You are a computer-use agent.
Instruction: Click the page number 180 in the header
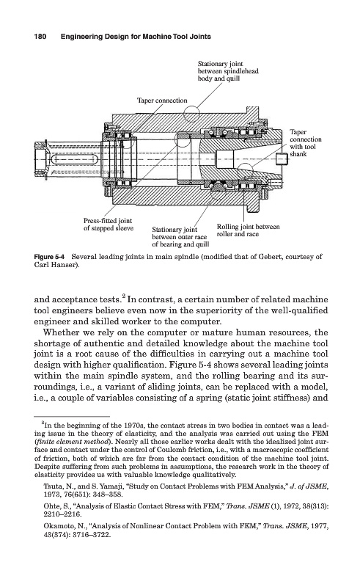coord(40,37)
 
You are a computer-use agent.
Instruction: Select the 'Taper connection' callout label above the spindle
coord(162,101)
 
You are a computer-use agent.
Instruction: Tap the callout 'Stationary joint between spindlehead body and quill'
coord(228,71)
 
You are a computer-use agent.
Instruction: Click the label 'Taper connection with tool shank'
coord(305,143)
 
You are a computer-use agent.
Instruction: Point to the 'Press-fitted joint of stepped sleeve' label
coord(109,225)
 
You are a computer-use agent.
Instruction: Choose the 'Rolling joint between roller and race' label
coord(248,230)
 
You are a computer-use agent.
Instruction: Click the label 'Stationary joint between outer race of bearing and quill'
coord(180,237)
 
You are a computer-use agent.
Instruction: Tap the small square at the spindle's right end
coord(282,159)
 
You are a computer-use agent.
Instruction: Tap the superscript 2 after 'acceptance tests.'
coord(123,297)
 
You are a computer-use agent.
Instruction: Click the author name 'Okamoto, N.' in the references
coord(63,526)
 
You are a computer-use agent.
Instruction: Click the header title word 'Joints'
coord(200,37)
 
